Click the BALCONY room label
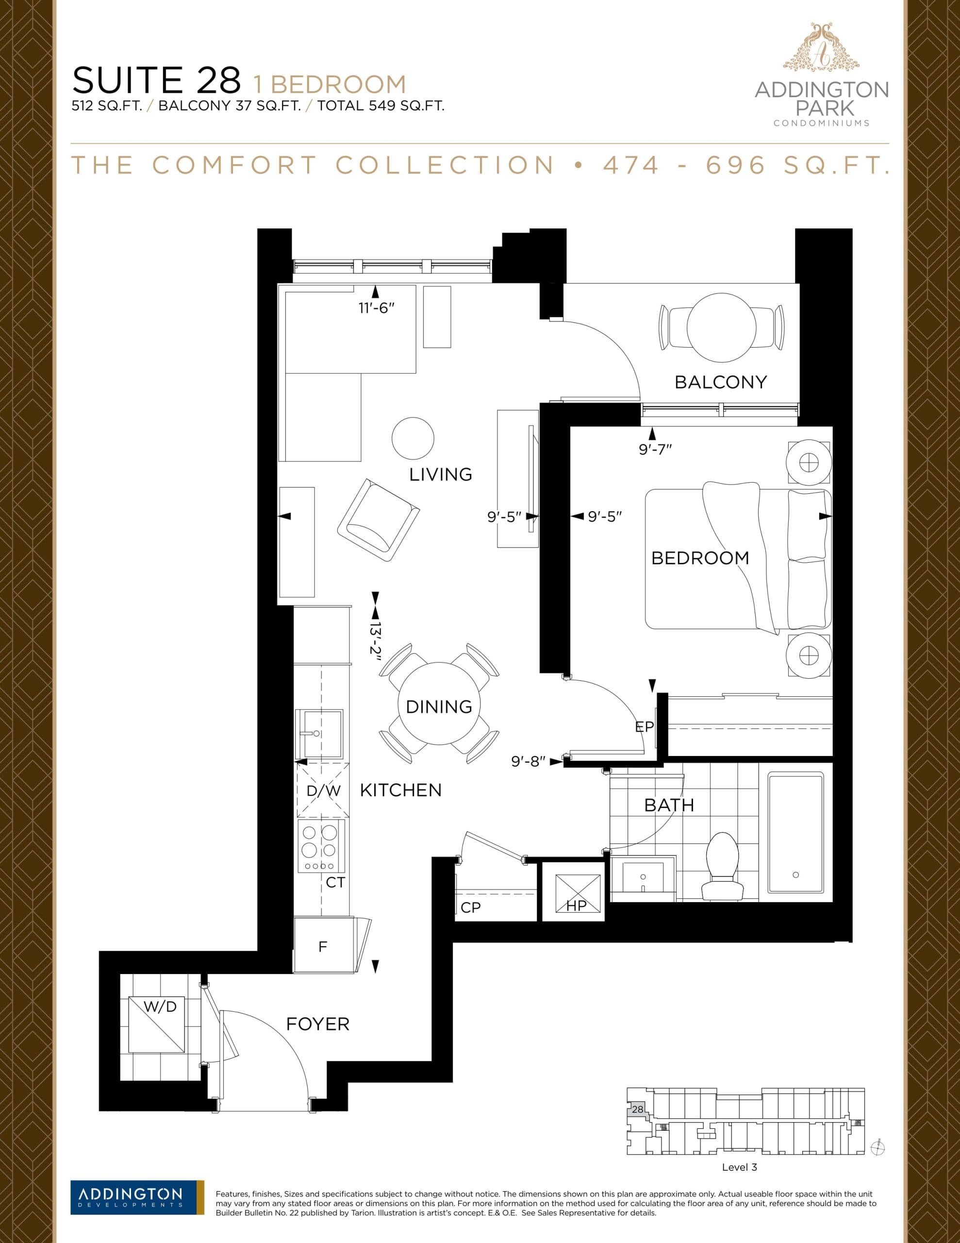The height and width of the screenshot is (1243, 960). tap(720, 382)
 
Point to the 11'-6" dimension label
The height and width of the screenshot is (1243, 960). tap(376, 308)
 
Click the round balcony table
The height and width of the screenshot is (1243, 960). tap(721, 327)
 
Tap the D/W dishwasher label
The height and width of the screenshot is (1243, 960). tap(323, 790)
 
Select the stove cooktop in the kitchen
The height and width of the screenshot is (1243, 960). tap(321, 846)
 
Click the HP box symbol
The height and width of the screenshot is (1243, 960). tap(578, 892)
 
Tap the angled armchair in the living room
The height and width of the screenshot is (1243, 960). tap(378, 521)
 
